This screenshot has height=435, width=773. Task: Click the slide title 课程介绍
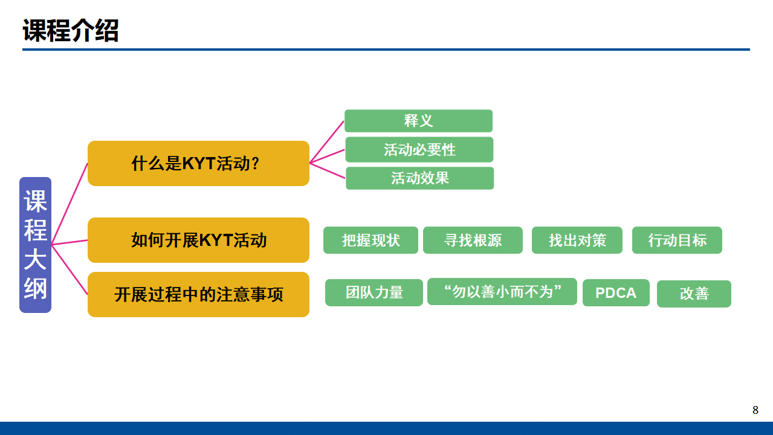point(70,30)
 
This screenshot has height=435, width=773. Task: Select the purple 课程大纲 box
point(35,245)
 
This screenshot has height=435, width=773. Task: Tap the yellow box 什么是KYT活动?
point(198,164)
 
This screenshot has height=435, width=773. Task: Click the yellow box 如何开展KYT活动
point(198,240)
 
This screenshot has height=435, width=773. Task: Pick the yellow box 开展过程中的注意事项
point(198,295)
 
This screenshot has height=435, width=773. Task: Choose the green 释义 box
point(419,121)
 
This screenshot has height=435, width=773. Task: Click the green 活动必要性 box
point(419,150)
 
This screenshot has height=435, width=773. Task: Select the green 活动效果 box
point(419,178)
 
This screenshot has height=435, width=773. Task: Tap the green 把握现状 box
point(370,240)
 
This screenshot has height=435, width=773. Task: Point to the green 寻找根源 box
point(473,240)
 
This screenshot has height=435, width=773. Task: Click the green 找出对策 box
point(577,240)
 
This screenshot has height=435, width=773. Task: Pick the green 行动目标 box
point(677,240)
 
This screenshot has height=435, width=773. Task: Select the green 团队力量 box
point(374,292)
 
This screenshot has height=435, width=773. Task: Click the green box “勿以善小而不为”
point(502,291)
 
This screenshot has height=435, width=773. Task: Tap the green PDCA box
point(616,292)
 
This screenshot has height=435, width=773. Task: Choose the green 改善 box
point(694,294)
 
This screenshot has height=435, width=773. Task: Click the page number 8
point(755,410)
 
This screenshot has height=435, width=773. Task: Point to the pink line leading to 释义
point(327,142)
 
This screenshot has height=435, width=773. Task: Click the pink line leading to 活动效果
point(328,171)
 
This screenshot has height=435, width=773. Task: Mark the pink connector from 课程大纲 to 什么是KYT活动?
point(70,204)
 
